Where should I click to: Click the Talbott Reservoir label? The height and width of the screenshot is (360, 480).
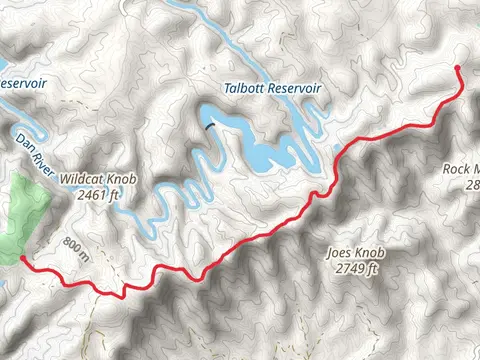click(x=274, y=89)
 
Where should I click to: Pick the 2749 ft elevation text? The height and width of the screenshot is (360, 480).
click(x=356, y=268)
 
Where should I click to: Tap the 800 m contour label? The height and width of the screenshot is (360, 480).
click(x=74, y=246)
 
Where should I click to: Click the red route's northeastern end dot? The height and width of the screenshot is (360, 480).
click(x=457, y=68)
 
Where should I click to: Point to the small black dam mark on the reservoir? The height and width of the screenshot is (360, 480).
click(x=210, y=125)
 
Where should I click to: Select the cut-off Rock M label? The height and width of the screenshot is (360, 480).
click(x=461, y=169)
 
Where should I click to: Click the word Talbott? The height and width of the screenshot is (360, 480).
click(x=247, y=89)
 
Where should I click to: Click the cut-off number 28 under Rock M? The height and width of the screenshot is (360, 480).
click(x=471, y=185)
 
